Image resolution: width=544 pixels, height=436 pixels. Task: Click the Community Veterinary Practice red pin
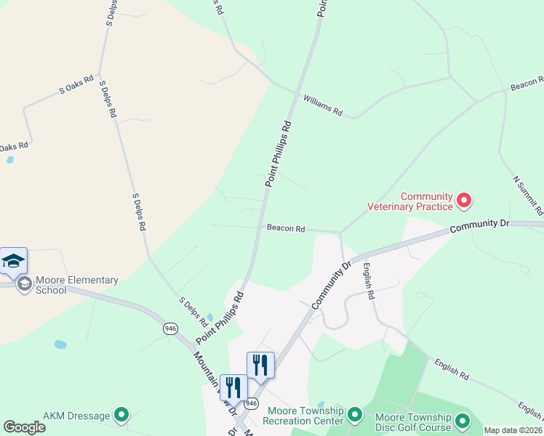click(x=463, y=200)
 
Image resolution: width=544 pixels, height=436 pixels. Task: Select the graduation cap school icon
click(x=13, y=262)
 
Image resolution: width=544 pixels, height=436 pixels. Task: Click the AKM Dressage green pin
click(x=121, y=415)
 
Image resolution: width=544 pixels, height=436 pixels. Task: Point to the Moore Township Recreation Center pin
click(x=354, y=415)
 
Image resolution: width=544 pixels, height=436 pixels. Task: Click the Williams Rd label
click(x=322, y=105)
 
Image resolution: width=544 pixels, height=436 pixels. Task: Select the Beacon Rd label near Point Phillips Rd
click(x=286, y=228)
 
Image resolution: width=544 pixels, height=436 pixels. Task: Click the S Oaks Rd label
click(x=77, y=85)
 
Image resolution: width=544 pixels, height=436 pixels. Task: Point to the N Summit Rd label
click(x=527, y=195)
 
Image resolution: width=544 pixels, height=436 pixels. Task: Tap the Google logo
click(x=24, y=427)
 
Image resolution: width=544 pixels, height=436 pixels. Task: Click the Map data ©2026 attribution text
click(x=513, y=430)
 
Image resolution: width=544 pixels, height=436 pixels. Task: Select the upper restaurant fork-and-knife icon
click(x=260, y=365)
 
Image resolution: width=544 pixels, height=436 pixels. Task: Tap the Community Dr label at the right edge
click(x=476, y=226)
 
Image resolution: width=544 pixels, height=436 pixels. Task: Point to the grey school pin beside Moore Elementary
click(x=24, y=283)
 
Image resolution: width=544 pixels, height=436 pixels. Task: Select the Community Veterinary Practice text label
click(x=427, y=201)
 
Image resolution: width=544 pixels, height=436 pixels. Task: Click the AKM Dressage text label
click(x=76, y=416)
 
